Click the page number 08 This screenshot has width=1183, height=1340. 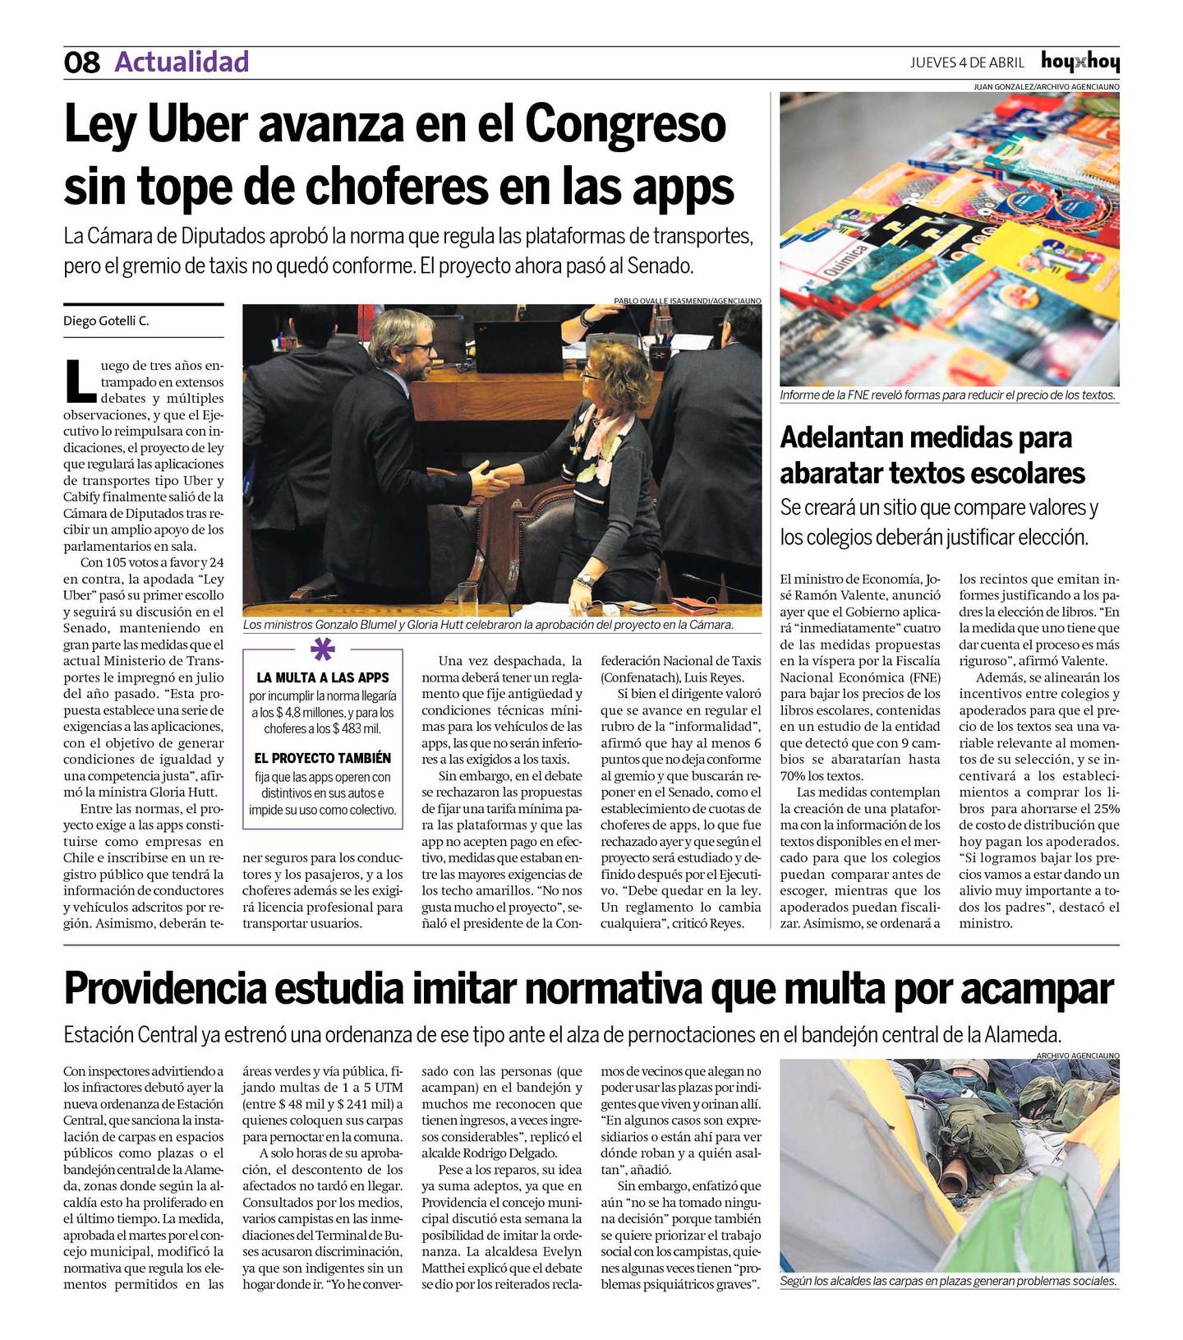pos(81,62)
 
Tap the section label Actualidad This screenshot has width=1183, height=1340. pos(182,62)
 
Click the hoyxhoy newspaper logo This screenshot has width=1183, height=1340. pos(1079,62)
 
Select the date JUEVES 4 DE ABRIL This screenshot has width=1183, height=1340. pos(967,62)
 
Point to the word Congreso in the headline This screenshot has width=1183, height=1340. pos(624,125)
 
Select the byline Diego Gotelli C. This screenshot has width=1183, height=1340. pos(106,321)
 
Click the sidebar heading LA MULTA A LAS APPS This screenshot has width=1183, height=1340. pos(322,678)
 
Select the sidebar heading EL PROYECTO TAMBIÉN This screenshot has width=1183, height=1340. pos(322,758)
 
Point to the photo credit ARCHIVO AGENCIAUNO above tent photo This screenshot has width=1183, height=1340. pos(1077,1055)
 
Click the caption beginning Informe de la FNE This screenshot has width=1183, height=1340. pos(948,395)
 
